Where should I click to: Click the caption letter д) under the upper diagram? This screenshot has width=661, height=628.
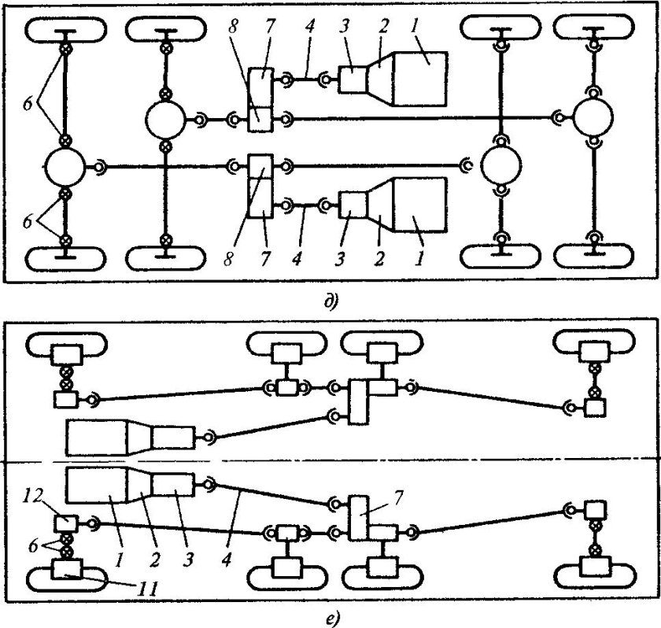click(x=331, y=302)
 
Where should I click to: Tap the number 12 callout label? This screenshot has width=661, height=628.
click(x=35, y=497)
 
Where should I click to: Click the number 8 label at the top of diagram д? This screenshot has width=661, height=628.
click(x=233, y=27)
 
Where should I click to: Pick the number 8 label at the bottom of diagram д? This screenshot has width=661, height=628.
click(x=228, y=258)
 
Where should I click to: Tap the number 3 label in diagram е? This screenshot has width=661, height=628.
click(x=188, y=560)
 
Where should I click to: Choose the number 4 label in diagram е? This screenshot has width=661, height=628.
click(x=227, y=560)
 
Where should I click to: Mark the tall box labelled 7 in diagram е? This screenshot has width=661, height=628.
click(x=359, y=519)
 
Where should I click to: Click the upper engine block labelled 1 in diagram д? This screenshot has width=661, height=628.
click(x=420, y=79)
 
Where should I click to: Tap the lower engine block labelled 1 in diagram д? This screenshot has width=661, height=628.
click(x=419, y=205)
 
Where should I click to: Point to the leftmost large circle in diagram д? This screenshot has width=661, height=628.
click(x=65, y=168)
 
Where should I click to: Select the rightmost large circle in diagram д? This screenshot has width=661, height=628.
click(x=593, y=117)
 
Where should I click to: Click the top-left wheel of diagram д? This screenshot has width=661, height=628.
click(x=65, y=29)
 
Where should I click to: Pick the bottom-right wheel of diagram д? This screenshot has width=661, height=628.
click(x=593, y=256)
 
